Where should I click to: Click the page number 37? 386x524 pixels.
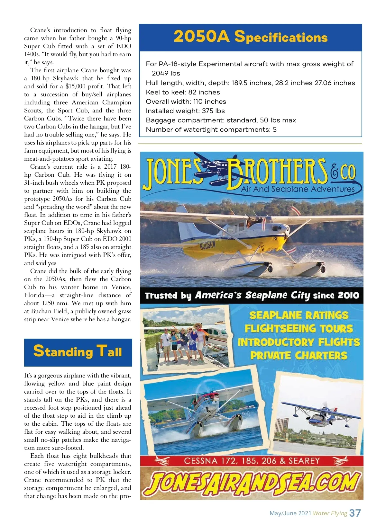[355, 513]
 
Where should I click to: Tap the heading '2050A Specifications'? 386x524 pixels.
[250, 37]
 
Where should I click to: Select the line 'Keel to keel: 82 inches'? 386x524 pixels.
[183, 92]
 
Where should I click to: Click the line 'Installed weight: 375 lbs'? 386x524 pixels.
[185, 111]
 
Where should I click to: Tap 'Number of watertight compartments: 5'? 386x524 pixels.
[211, 129]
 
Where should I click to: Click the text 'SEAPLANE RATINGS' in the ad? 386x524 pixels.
[299, 315]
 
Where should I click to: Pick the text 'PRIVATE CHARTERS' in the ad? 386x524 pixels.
[299, 355]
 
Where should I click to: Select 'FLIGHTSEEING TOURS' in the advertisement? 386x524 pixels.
[299, 329]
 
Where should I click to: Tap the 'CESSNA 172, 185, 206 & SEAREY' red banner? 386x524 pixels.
[252, 461]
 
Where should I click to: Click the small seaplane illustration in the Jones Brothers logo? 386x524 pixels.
[212, 167]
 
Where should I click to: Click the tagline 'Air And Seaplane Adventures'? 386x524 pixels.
[298, 189]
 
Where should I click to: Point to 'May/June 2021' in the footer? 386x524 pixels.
[290, 513]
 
